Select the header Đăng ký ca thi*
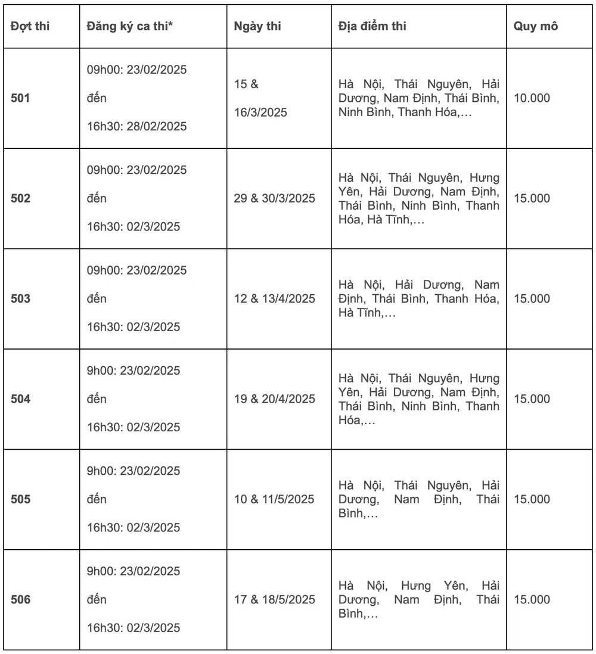click(x=129, y=27)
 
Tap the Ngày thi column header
click(x=257, y=27)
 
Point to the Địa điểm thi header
click(x=372, y=27)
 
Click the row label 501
click(x=20, y=98)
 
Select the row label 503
click(x=20, y=298)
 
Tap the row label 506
click(x=20, y=599)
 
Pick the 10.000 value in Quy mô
click(x=532, y=98)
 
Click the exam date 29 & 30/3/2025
click(x=274, y=198)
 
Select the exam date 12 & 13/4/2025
click(x=274, y=298)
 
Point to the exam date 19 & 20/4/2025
click(x=274, y=398)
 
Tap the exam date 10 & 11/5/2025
click(x=274, y=499)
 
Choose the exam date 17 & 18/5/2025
click(x=274, y=599)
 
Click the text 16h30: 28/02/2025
click(x=137, y=126)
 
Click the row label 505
click(x=20, y=499)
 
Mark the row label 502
click(x=20, y=198)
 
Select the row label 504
click(x=20, y=398)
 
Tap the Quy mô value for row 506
click(x=532, y=599)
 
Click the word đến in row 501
click(x=97, y=98)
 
